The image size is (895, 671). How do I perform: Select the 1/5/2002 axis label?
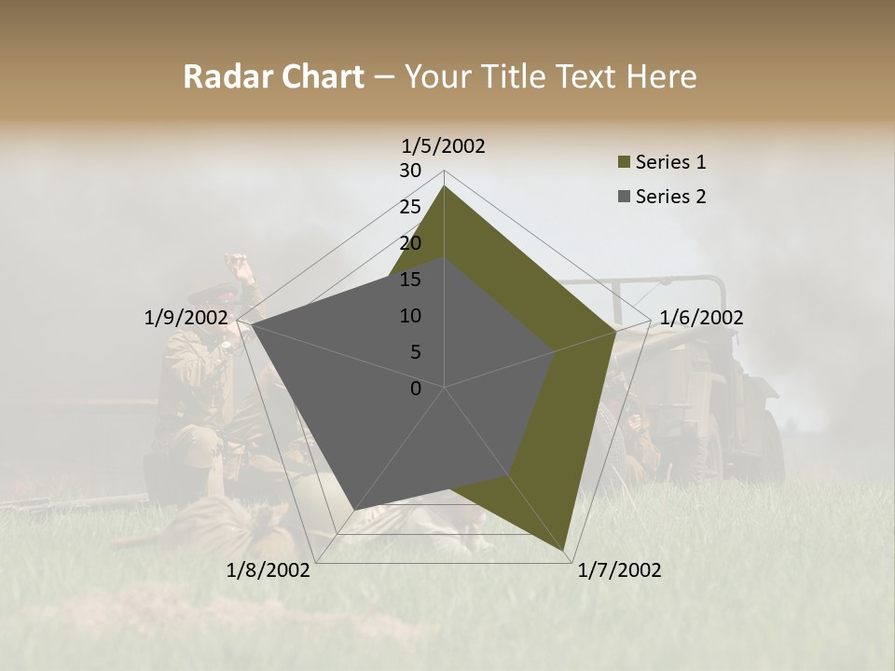444,145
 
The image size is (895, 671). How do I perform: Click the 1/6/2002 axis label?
701,318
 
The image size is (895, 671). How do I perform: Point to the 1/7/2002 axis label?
619,570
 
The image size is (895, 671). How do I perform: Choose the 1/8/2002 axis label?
268,570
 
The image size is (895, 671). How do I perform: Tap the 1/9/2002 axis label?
186,318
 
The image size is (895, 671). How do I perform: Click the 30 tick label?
410,171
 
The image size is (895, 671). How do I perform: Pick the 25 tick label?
410,207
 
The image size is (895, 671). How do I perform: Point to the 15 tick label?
410,280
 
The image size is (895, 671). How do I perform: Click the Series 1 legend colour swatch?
624,163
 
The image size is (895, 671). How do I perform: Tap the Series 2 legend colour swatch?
624,197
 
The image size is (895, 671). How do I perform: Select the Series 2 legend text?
670,197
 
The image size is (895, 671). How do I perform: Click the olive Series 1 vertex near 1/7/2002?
564,551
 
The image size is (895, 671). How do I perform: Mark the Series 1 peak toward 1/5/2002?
444,186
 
